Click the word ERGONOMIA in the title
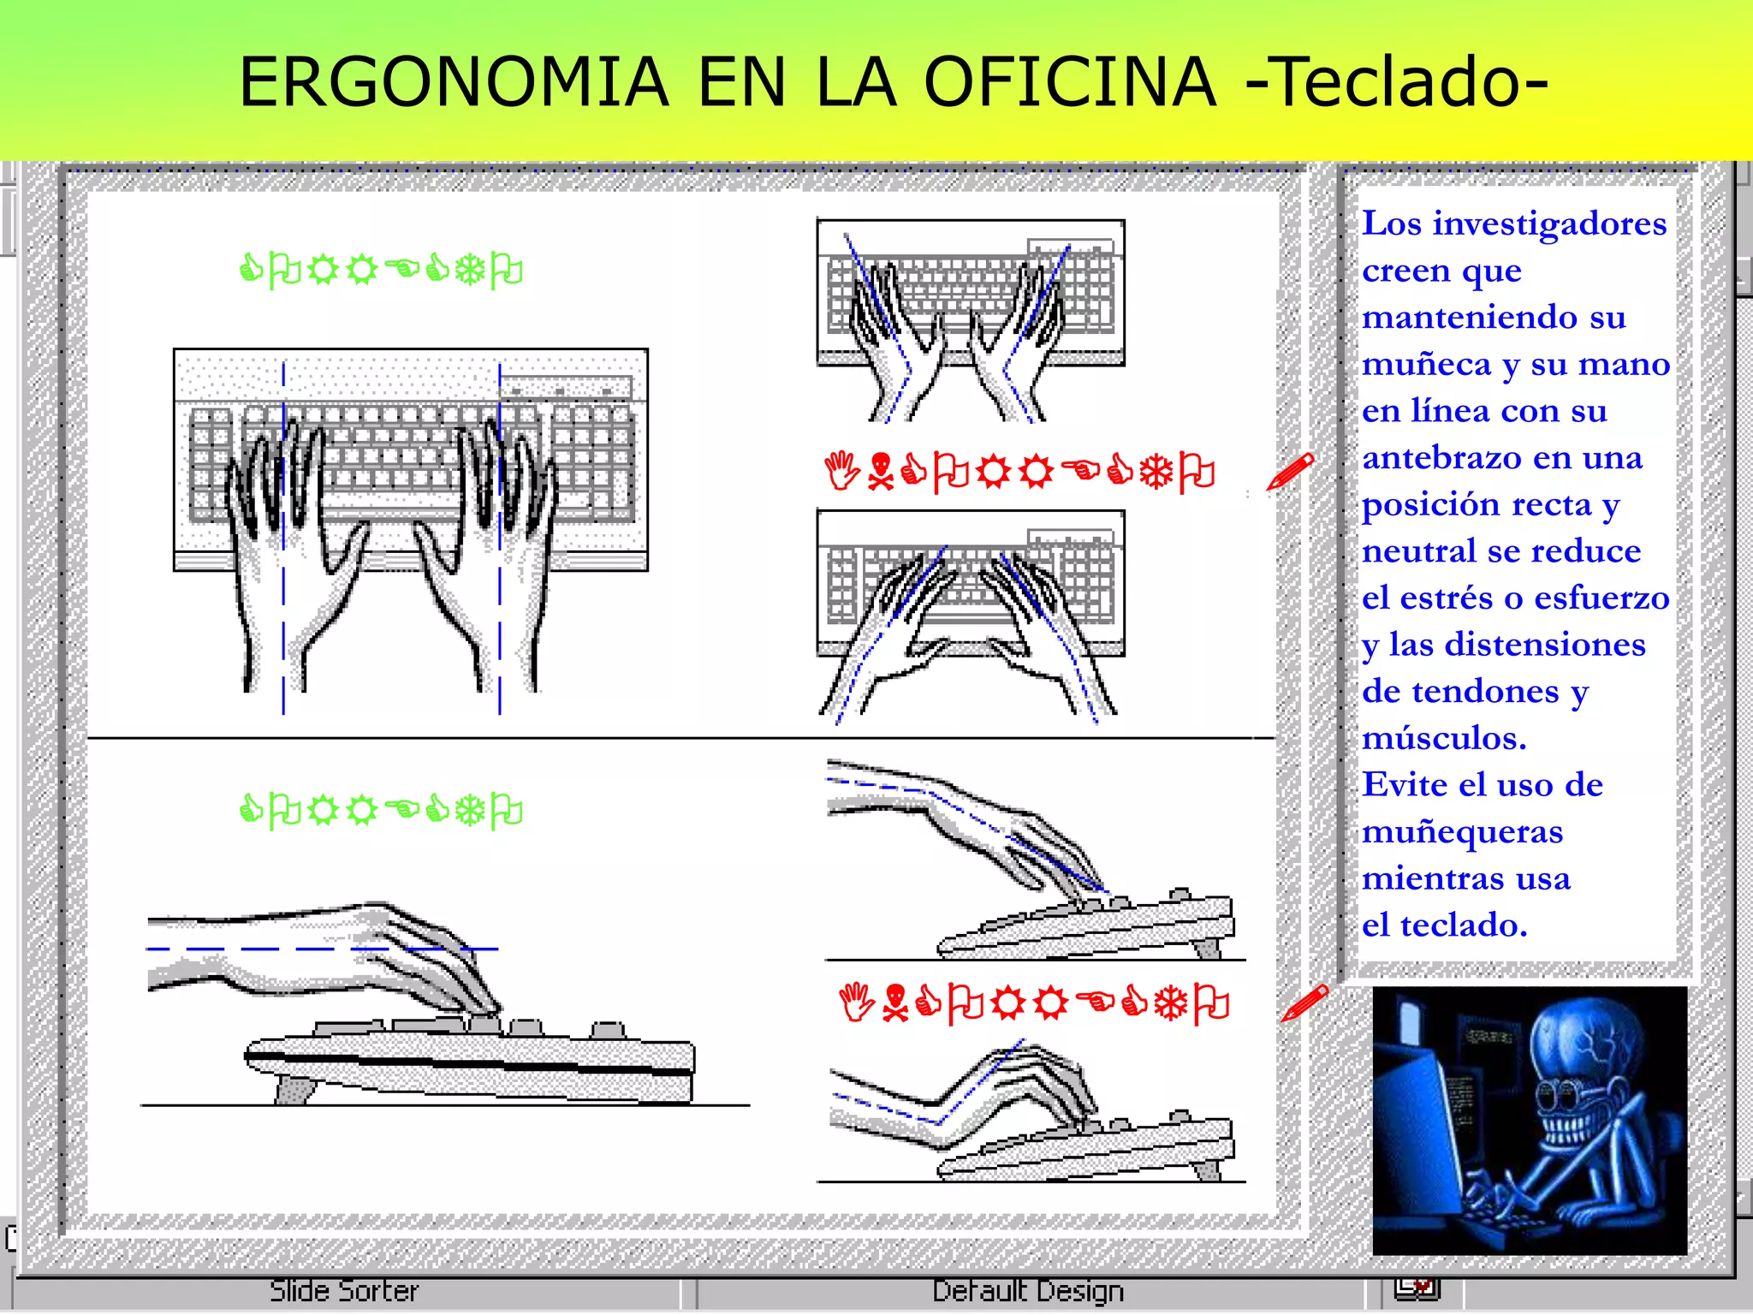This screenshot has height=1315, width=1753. [x=453, y=82]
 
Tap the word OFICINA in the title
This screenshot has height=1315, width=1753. [x=1069, y=82]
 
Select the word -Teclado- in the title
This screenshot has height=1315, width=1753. [x=1396, y=82]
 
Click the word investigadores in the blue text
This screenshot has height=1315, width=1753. [x=1549, y=224]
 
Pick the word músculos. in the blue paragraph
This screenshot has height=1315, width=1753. [x=1444, y=738]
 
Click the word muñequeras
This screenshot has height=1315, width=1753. [x=1462, y=832]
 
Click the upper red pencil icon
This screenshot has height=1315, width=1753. [x=1291, y=472]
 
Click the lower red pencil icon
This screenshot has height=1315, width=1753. [x=1304, y=1003]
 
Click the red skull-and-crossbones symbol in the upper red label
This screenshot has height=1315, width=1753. [x=879, y=473]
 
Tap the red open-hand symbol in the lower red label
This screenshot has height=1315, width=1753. [x=855, y=1003]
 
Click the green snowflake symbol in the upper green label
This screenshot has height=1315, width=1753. [x=470, y=271]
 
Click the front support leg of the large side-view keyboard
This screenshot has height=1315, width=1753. [x=295, y=1090]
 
